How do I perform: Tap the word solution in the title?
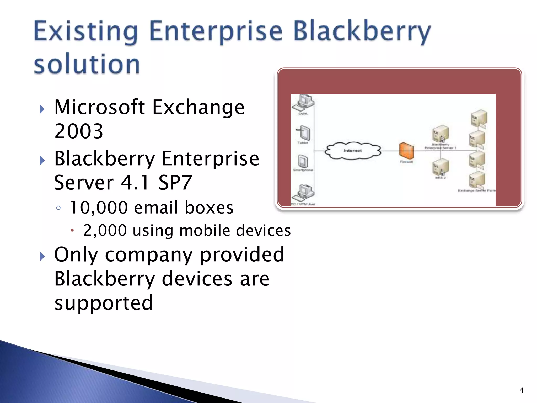(87, 64)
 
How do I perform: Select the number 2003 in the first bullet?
(79, 131)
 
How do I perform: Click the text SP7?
(175, 183)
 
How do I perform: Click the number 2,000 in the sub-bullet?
(105, 231)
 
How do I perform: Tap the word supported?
(104, 303)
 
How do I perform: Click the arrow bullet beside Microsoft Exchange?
(42, 109)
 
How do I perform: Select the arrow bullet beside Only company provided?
(42, 256)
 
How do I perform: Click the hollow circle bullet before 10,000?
(58, 208)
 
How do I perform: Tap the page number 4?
(521, 390)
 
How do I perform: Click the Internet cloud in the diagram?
(353, 151)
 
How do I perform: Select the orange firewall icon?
(406, 151)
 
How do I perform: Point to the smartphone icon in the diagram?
(303, 161)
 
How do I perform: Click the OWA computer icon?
(304, 103)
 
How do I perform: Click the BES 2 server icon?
(440, 167)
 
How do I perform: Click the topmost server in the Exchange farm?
(479, 118)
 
